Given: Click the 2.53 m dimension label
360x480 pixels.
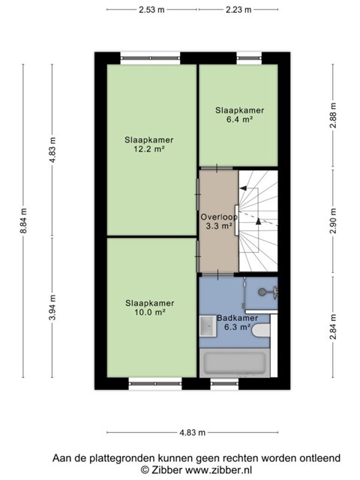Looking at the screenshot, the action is point(151,10).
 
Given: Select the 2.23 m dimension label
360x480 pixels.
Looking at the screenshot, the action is point(238,10).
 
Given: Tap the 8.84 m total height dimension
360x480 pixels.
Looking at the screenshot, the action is point(23,220).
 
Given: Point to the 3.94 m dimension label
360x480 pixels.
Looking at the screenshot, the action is point(52,307).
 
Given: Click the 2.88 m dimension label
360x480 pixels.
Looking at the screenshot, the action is point(333,115).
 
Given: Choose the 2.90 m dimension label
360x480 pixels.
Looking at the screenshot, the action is point(333,220).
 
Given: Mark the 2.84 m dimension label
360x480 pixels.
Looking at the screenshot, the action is point(333,327).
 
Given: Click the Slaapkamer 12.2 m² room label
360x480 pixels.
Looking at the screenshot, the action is point(149,145).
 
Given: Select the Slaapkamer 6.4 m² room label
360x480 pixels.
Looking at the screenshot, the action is point(239,115).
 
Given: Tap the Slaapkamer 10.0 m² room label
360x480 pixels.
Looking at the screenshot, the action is point(150,307).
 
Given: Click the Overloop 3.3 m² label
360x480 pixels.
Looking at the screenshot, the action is point(219,222).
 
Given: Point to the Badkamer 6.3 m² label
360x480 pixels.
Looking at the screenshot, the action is point(237,322).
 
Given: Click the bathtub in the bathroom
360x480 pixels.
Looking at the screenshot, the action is point(235,363).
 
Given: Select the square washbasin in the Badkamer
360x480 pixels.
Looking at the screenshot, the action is point(208,326).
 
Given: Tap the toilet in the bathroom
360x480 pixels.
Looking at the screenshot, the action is point(261,331).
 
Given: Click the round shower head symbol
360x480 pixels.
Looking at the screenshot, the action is point(262,292).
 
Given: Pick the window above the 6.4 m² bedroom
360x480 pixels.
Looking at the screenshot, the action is point(249,58).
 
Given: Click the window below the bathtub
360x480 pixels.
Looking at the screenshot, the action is point(225,383).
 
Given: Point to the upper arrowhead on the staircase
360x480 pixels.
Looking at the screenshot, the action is point(243,188).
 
